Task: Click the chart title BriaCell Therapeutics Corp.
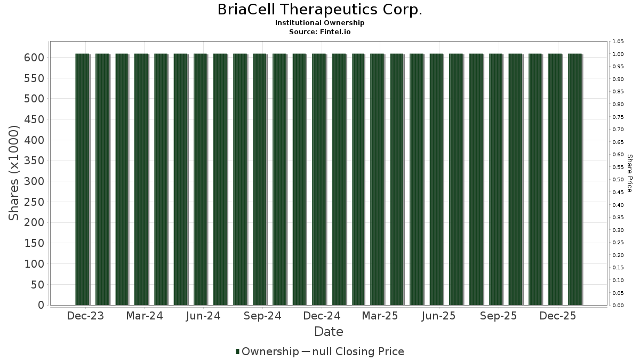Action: (x=319, y=10)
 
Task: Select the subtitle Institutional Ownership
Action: (x=319, y=23)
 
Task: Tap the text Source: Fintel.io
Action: (x=319, y=31)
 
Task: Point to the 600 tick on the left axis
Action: (x=34, y=58)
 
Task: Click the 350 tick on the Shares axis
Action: (x=34, y=161)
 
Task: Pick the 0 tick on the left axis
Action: (x=41, y=305)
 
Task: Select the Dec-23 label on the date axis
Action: (x=85, y=316)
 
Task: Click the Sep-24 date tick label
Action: (x=262, y=316)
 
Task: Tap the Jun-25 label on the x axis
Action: (x=438, y=316)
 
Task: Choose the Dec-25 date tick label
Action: (x=558, y=316)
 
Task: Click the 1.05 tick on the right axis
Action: (x=618, y=42)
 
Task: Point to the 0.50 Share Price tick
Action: (x=618, y=180)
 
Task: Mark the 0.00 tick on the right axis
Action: (x=618, y=306)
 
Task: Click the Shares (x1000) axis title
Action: (x=13, y=173)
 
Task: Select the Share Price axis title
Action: (x=630, y=173)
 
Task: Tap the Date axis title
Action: (x=329, y=332)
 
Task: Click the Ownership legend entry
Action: (x=267, y=351)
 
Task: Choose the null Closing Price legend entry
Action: (x=353, y=351)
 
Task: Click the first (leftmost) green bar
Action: (x=83, y=179)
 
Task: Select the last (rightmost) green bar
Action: (x=575, y=179)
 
